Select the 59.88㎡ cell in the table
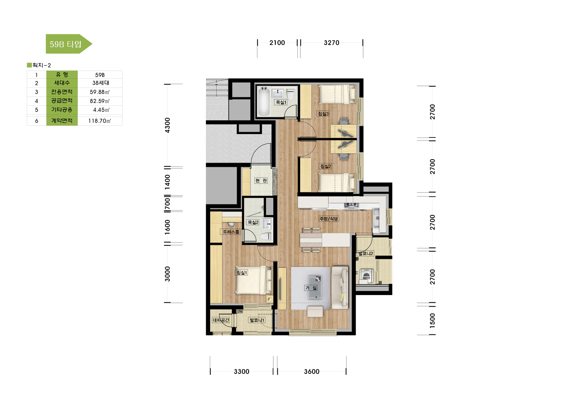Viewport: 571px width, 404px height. [x=100, y=92]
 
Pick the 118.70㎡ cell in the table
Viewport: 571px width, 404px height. [x=100, y=121]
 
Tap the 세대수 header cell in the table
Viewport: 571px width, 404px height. [x=62, y=83]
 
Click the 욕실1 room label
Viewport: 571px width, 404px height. [x=281, y=102]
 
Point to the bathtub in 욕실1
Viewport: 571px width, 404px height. [x=263, y=101]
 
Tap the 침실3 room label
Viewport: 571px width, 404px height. [x=323, y=114]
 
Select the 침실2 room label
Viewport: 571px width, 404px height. [x=326, y=166]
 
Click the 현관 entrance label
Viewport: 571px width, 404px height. [x=261, y=181]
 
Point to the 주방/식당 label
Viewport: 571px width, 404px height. [x=329, y=219]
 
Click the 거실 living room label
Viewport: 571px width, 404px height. [x=311, y=288]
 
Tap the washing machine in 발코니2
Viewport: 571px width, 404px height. [x=366, y=276]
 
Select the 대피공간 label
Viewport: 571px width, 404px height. [x=221, y=320]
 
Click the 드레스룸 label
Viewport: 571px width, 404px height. [x=231, y=232]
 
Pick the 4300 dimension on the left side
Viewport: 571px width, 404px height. [x=167, y=125]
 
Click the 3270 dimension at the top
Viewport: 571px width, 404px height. [x=332, y=43]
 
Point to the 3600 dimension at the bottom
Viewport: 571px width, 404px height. [x=312, y=372]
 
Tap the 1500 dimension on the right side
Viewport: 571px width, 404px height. [x=432, y=321]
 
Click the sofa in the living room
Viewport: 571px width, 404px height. [x=340, y=288]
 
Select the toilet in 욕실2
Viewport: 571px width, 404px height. [x=265, y=236]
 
